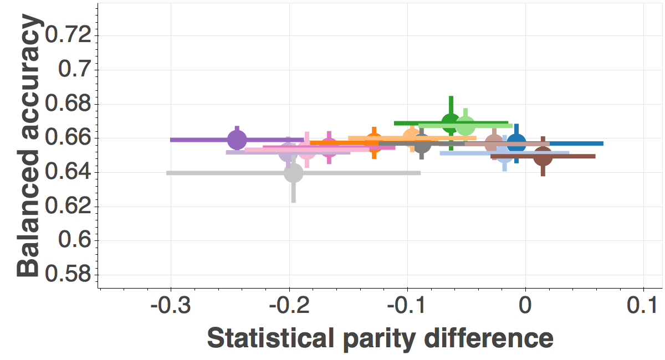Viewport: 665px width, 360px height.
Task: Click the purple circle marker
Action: (x=237, y=140)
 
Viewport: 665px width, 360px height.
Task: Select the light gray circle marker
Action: (x=294, y=173)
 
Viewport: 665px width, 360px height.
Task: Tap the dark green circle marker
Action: (x=451, y=122)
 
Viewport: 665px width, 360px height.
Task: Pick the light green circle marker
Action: (x=465, y=126)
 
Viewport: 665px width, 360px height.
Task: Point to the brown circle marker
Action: (x=543, y=156)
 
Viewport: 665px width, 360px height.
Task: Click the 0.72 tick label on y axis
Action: (x=68, y=35)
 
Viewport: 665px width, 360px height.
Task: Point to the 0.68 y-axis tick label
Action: (x=68, y=104)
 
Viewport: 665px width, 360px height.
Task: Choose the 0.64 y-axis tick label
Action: (x=68, y=172)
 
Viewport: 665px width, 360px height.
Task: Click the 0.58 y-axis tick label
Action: (x=68, y=275)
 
